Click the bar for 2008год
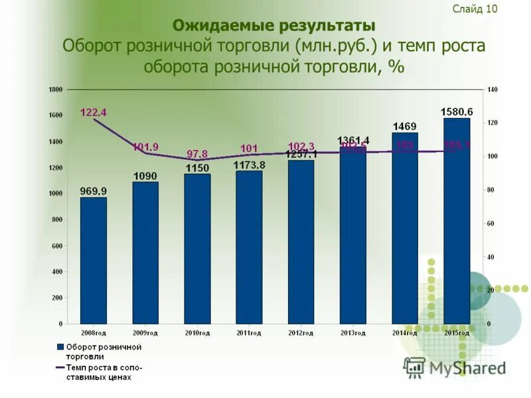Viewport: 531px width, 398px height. [93, 260]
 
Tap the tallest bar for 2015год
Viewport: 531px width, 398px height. [457, 221]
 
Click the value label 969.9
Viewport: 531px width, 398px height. [93, 191]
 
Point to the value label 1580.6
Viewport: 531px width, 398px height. [457, 111]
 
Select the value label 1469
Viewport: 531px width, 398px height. [405, 126]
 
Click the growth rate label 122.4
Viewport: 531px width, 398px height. [94, 112]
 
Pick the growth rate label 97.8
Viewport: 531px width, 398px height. [197, 154]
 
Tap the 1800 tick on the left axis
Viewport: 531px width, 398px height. [56, 90]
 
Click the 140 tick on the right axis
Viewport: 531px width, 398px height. [492, 90]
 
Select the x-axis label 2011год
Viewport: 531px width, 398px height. [248, 332]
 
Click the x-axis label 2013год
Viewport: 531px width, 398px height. [352, 332]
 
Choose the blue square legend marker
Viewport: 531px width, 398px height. [60, 347]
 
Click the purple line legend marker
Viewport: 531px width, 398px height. [60, 367]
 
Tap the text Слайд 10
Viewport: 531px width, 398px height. [475, 9]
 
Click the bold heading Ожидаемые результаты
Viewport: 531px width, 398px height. [273, 26]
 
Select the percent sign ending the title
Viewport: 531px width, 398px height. [398, 67]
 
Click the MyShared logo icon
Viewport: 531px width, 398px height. [415, 367]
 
